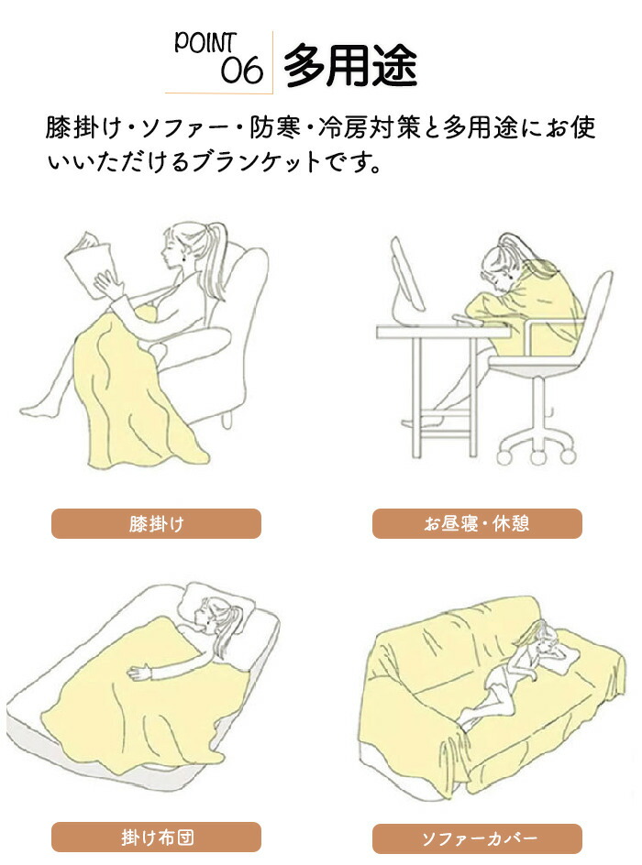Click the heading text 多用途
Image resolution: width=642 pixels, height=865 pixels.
click(x=349, y=66)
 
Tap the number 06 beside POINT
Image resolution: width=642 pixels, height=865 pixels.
click(x=241, y=71)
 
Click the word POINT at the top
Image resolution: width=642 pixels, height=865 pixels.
click(x=205, y=43)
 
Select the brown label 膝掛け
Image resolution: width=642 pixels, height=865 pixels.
click(x=156, y=523)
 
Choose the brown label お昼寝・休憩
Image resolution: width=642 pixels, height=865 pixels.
click(x=477, y=523)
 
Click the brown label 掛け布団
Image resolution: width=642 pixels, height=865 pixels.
click(x=156, y=837)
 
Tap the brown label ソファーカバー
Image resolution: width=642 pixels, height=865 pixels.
click(x=477, y=838)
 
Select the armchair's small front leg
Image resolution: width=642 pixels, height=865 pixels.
click(x=227, y=420)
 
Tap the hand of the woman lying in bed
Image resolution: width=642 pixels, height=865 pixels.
click(x=139, y=672)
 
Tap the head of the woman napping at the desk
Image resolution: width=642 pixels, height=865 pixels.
click(x=501, y=264)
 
